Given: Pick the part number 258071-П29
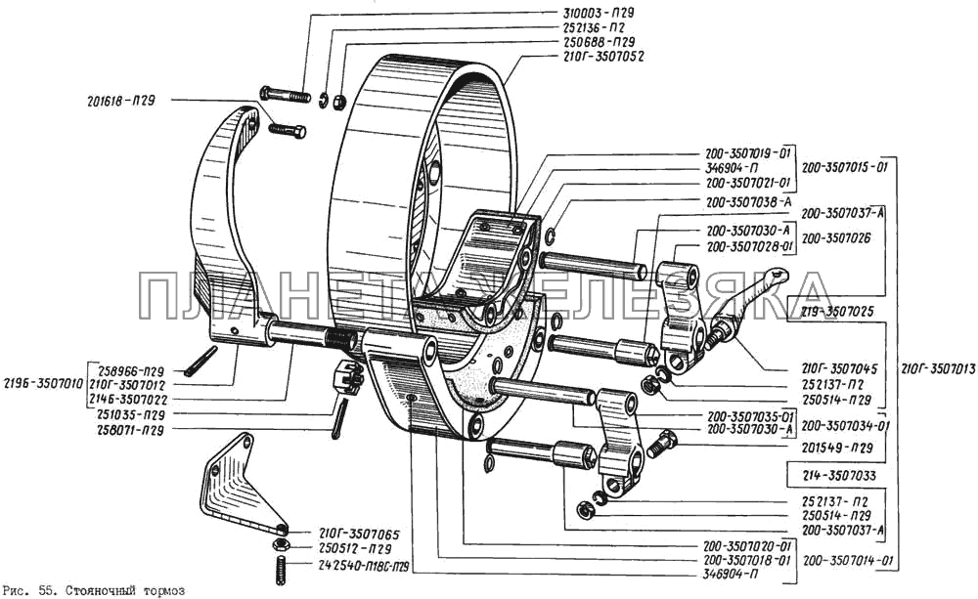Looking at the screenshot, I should (132, 428).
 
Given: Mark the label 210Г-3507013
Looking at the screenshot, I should (936, 369).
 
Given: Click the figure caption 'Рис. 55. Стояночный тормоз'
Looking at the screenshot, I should (94, 590).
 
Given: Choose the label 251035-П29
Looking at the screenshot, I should (132, 413).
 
